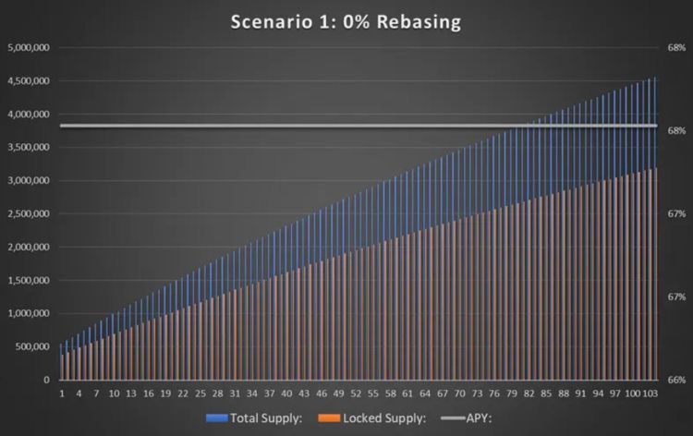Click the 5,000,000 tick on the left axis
(29, 47)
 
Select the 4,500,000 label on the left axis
(29, 80)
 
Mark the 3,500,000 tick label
(29, 147)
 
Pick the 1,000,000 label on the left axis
(29, 313)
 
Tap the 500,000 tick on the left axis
(32, 346)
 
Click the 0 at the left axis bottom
(46, 380)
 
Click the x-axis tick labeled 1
(62, 393)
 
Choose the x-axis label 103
(650, 393)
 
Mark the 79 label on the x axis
(512, 393)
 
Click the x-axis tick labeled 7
(96, 393)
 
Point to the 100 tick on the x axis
(633, 393)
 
